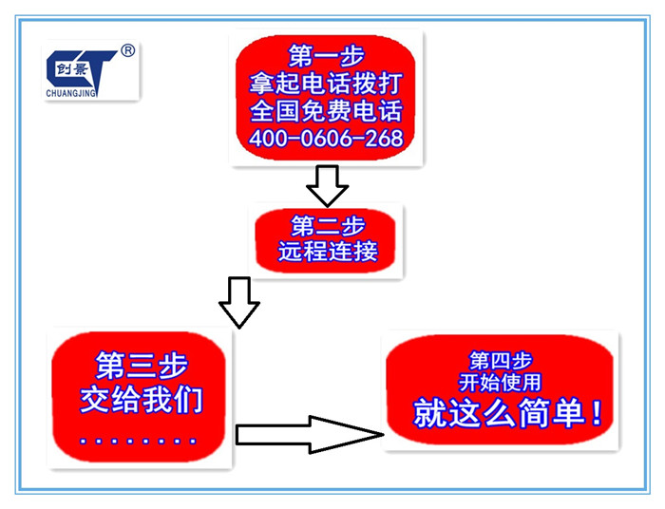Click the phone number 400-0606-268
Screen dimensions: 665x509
326,139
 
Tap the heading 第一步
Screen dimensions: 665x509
326,55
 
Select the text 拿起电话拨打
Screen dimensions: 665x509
325,83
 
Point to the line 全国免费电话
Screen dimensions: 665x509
326,110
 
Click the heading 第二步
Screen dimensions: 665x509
328,225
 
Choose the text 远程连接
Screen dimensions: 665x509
328,251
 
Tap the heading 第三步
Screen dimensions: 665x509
142,366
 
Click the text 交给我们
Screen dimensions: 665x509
142,399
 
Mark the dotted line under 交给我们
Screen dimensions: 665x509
138,441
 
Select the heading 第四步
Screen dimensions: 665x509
501,361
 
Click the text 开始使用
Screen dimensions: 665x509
500,383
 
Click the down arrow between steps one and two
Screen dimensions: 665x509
328,186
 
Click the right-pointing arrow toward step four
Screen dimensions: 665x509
310,435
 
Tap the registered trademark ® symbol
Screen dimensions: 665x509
127,51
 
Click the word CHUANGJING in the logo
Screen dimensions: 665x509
71,94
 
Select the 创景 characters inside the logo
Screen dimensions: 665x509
71,69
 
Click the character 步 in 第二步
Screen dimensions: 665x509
352,225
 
